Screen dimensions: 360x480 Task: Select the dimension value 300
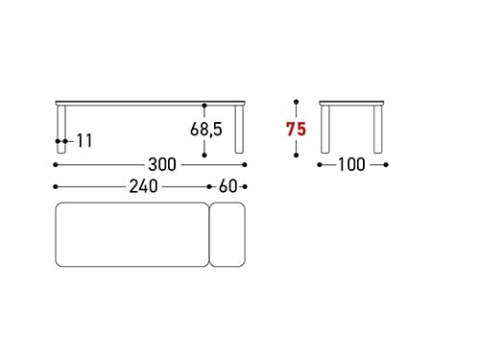tap(162, 164)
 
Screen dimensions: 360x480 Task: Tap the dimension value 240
tap(144, 187)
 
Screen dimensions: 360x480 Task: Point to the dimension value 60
tap(228, 187)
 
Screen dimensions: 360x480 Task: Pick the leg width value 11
tap(84, 141)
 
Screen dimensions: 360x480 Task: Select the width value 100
tap(352, 164)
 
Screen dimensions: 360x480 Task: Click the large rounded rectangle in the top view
tap(132, 234)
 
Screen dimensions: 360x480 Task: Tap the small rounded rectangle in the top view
tap(228, 234)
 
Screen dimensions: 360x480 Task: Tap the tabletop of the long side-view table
tap(151, 103)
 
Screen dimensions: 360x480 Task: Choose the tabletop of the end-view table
tap(352, 103)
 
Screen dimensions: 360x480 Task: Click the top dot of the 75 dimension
tap(297, 101)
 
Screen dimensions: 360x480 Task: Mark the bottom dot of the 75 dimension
tap(297, 154)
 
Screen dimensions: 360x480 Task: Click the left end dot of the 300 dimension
tap(56, 164)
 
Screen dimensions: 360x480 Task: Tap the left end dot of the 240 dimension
tap(56, 187)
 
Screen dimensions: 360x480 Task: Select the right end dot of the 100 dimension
tap(386, 164)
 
